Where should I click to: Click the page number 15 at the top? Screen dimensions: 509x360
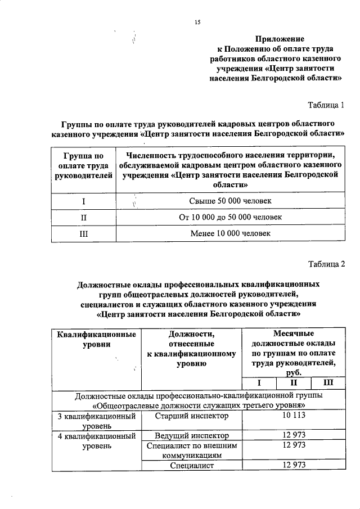click(x=197, y=22)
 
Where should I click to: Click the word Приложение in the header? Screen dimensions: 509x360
click(x=280, y=39)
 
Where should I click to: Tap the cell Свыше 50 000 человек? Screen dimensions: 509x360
click(x=231, y=201)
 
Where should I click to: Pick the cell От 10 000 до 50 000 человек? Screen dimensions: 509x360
click(x=231, y=217)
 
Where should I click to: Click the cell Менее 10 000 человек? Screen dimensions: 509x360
click(x=231, y=232)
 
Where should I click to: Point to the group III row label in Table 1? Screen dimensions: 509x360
click(x=83, y=232)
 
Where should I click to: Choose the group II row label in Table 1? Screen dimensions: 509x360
click(x=83, y=217)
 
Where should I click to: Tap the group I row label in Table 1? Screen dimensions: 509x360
click(x=83, y=201)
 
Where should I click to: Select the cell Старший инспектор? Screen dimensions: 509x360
click(x=192, y=416)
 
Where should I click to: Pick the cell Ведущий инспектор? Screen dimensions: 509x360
click(x=192, y=435)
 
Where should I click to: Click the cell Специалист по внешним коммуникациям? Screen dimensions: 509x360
click(x=192, y=450)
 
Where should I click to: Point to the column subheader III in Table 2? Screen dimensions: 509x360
click(x=328, y=384)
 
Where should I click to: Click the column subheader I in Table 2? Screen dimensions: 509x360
click(x=259, y=384)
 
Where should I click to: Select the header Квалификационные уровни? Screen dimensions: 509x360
click(x=96, y=339)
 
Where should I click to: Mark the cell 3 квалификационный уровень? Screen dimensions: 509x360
click(x=96, y=421)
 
